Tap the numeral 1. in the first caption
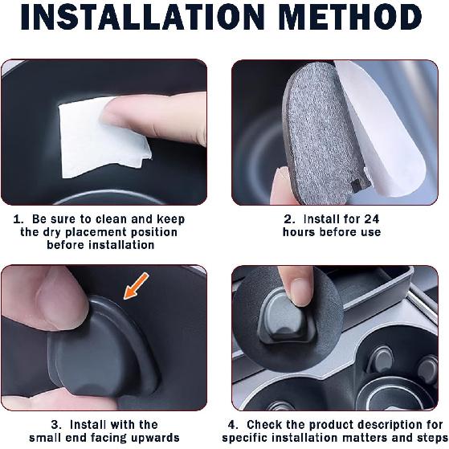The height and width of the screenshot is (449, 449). coord(19,219)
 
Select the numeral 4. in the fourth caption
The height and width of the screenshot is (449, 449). coord(232,424)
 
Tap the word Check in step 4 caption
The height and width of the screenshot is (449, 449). coord(266,424)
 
